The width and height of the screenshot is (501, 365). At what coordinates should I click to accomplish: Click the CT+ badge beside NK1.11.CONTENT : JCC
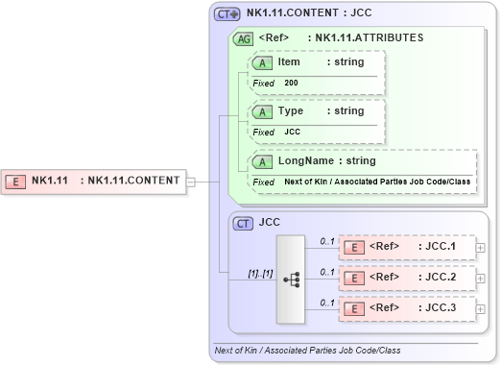coord(227,13)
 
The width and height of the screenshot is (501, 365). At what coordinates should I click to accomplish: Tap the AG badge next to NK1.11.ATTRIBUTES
coord(245,38)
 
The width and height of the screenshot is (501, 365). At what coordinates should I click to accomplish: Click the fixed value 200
coord(291,84)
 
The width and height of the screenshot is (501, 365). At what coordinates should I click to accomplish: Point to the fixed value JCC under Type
coord(293,132)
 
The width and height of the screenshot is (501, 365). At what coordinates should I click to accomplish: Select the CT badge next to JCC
coord(245,222)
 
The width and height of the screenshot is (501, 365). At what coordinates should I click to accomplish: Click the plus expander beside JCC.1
coord(482,247)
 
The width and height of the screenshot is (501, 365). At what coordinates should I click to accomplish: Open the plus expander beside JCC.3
coord(482,308)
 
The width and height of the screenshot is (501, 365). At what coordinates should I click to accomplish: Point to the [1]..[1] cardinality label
coord(260,273)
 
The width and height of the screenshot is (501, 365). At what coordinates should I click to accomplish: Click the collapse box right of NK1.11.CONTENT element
coord(191,180)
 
